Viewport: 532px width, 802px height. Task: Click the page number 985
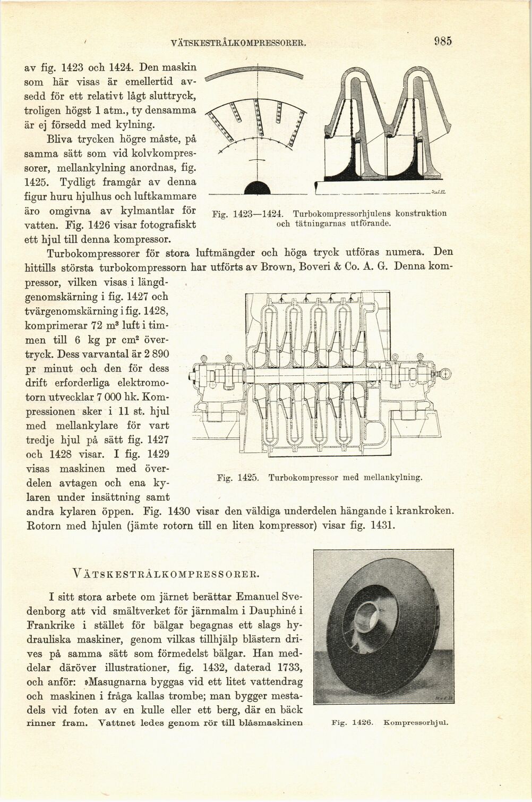(442, 41)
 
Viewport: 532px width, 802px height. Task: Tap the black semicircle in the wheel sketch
(256, 188)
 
